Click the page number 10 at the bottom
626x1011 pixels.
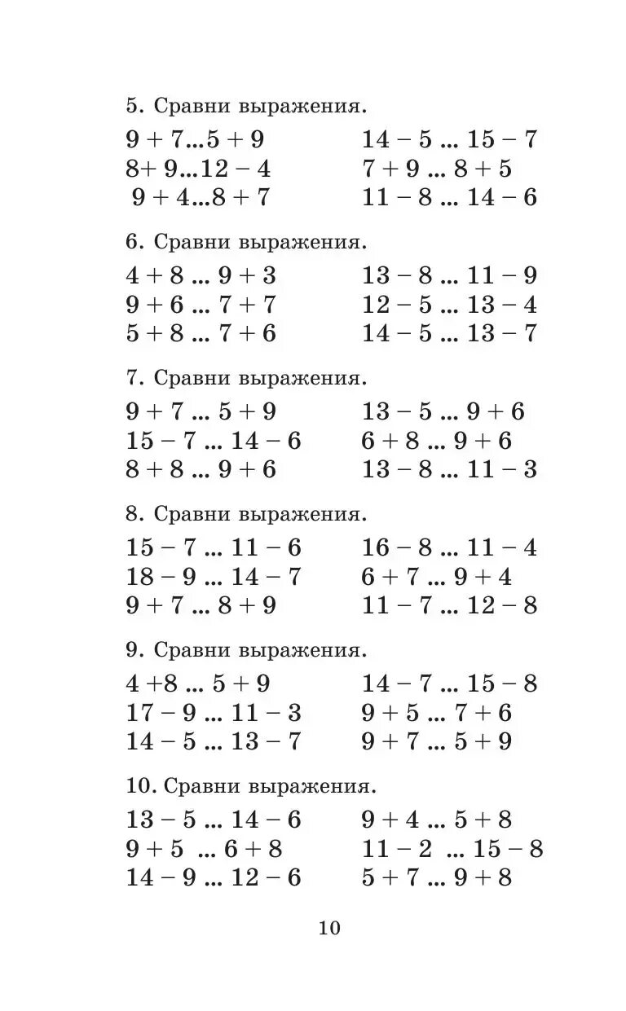(329, 928)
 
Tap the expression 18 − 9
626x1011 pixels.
(161, 578)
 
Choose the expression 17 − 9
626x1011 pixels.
(161, 714)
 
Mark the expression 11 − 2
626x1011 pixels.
(398, 849)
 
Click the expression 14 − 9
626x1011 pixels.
(161, 878)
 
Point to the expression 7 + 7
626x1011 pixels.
(247, 305)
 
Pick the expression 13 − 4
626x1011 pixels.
(502, 305)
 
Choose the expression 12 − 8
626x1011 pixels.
(502, 606)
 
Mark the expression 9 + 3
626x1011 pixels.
(247, 275)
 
